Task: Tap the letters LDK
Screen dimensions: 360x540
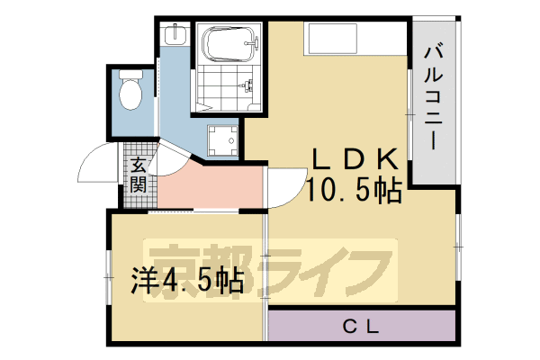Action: pyautogui.click(x=353, y=159)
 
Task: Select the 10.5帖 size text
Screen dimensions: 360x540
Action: pyautogui.click(x=353, y=190)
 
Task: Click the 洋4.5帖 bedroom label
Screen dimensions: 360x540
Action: pyautogui.click(x=189, y=281)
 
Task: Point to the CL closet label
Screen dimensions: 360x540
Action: pyautogui.click(x=364, y=326)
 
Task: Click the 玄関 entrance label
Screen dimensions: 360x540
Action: pyautogui.click(x=138, y=175)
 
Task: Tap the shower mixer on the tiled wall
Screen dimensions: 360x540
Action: pyautogui.click(x=246, y=85)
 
